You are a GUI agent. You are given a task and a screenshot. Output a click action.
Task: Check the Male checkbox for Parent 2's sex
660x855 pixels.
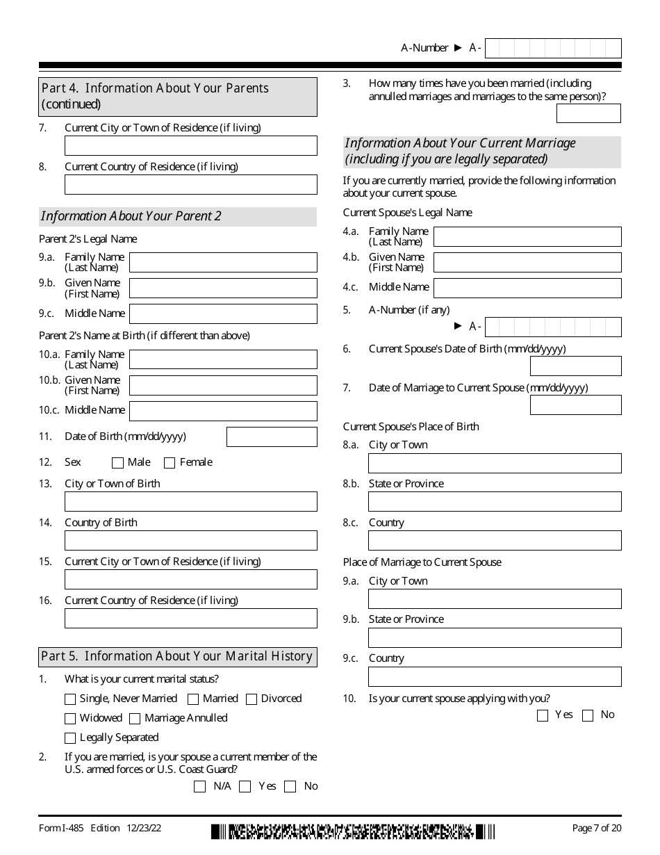[x=117, y=463]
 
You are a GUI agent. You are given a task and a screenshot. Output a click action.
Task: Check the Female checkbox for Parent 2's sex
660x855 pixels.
[x=170, y=463]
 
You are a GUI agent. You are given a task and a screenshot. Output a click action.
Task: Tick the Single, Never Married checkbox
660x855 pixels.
[x=70, y=699]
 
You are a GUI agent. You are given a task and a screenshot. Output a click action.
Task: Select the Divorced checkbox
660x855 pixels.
[x=251, y=699]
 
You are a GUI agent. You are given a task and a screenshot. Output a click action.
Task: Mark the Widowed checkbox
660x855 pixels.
[x=70, y=719]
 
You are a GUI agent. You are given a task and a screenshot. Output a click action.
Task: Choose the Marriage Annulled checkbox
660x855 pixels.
[x=135, y=719]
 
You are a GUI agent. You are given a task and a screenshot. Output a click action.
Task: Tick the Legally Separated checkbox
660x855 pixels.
[x=70, y=738]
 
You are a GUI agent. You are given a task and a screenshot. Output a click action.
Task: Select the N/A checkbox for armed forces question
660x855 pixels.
[x=200, y=787]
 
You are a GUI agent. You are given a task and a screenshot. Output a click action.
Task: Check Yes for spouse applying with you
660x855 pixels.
[x=543, y=715]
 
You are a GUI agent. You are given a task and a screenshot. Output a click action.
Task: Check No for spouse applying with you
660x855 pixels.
[x=588, y=715]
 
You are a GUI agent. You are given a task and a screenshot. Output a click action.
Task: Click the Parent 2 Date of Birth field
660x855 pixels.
[x=272, y=437]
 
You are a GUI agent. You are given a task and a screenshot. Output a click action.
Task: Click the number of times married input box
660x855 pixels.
[x=588, y=113]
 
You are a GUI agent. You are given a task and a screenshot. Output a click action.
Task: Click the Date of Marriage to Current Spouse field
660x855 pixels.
[x=575, y=405]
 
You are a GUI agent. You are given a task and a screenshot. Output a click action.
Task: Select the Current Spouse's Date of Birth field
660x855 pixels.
[x=575, y=366]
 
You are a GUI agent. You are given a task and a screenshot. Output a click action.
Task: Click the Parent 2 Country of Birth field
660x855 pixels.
[x=190, y=541]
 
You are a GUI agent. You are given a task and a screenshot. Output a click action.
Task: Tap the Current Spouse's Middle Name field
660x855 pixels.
[x=527, y=288]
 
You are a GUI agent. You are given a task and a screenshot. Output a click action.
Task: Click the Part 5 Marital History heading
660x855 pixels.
[x=177, y=657]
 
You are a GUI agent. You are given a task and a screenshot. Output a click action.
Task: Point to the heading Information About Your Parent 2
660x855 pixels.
[x=131, y=216]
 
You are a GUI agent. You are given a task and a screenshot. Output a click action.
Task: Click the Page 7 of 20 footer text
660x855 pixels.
[x=596, y=828]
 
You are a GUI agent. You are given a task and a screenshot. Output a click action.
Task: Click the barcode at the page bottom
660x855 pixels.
[x=354, y=831]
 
